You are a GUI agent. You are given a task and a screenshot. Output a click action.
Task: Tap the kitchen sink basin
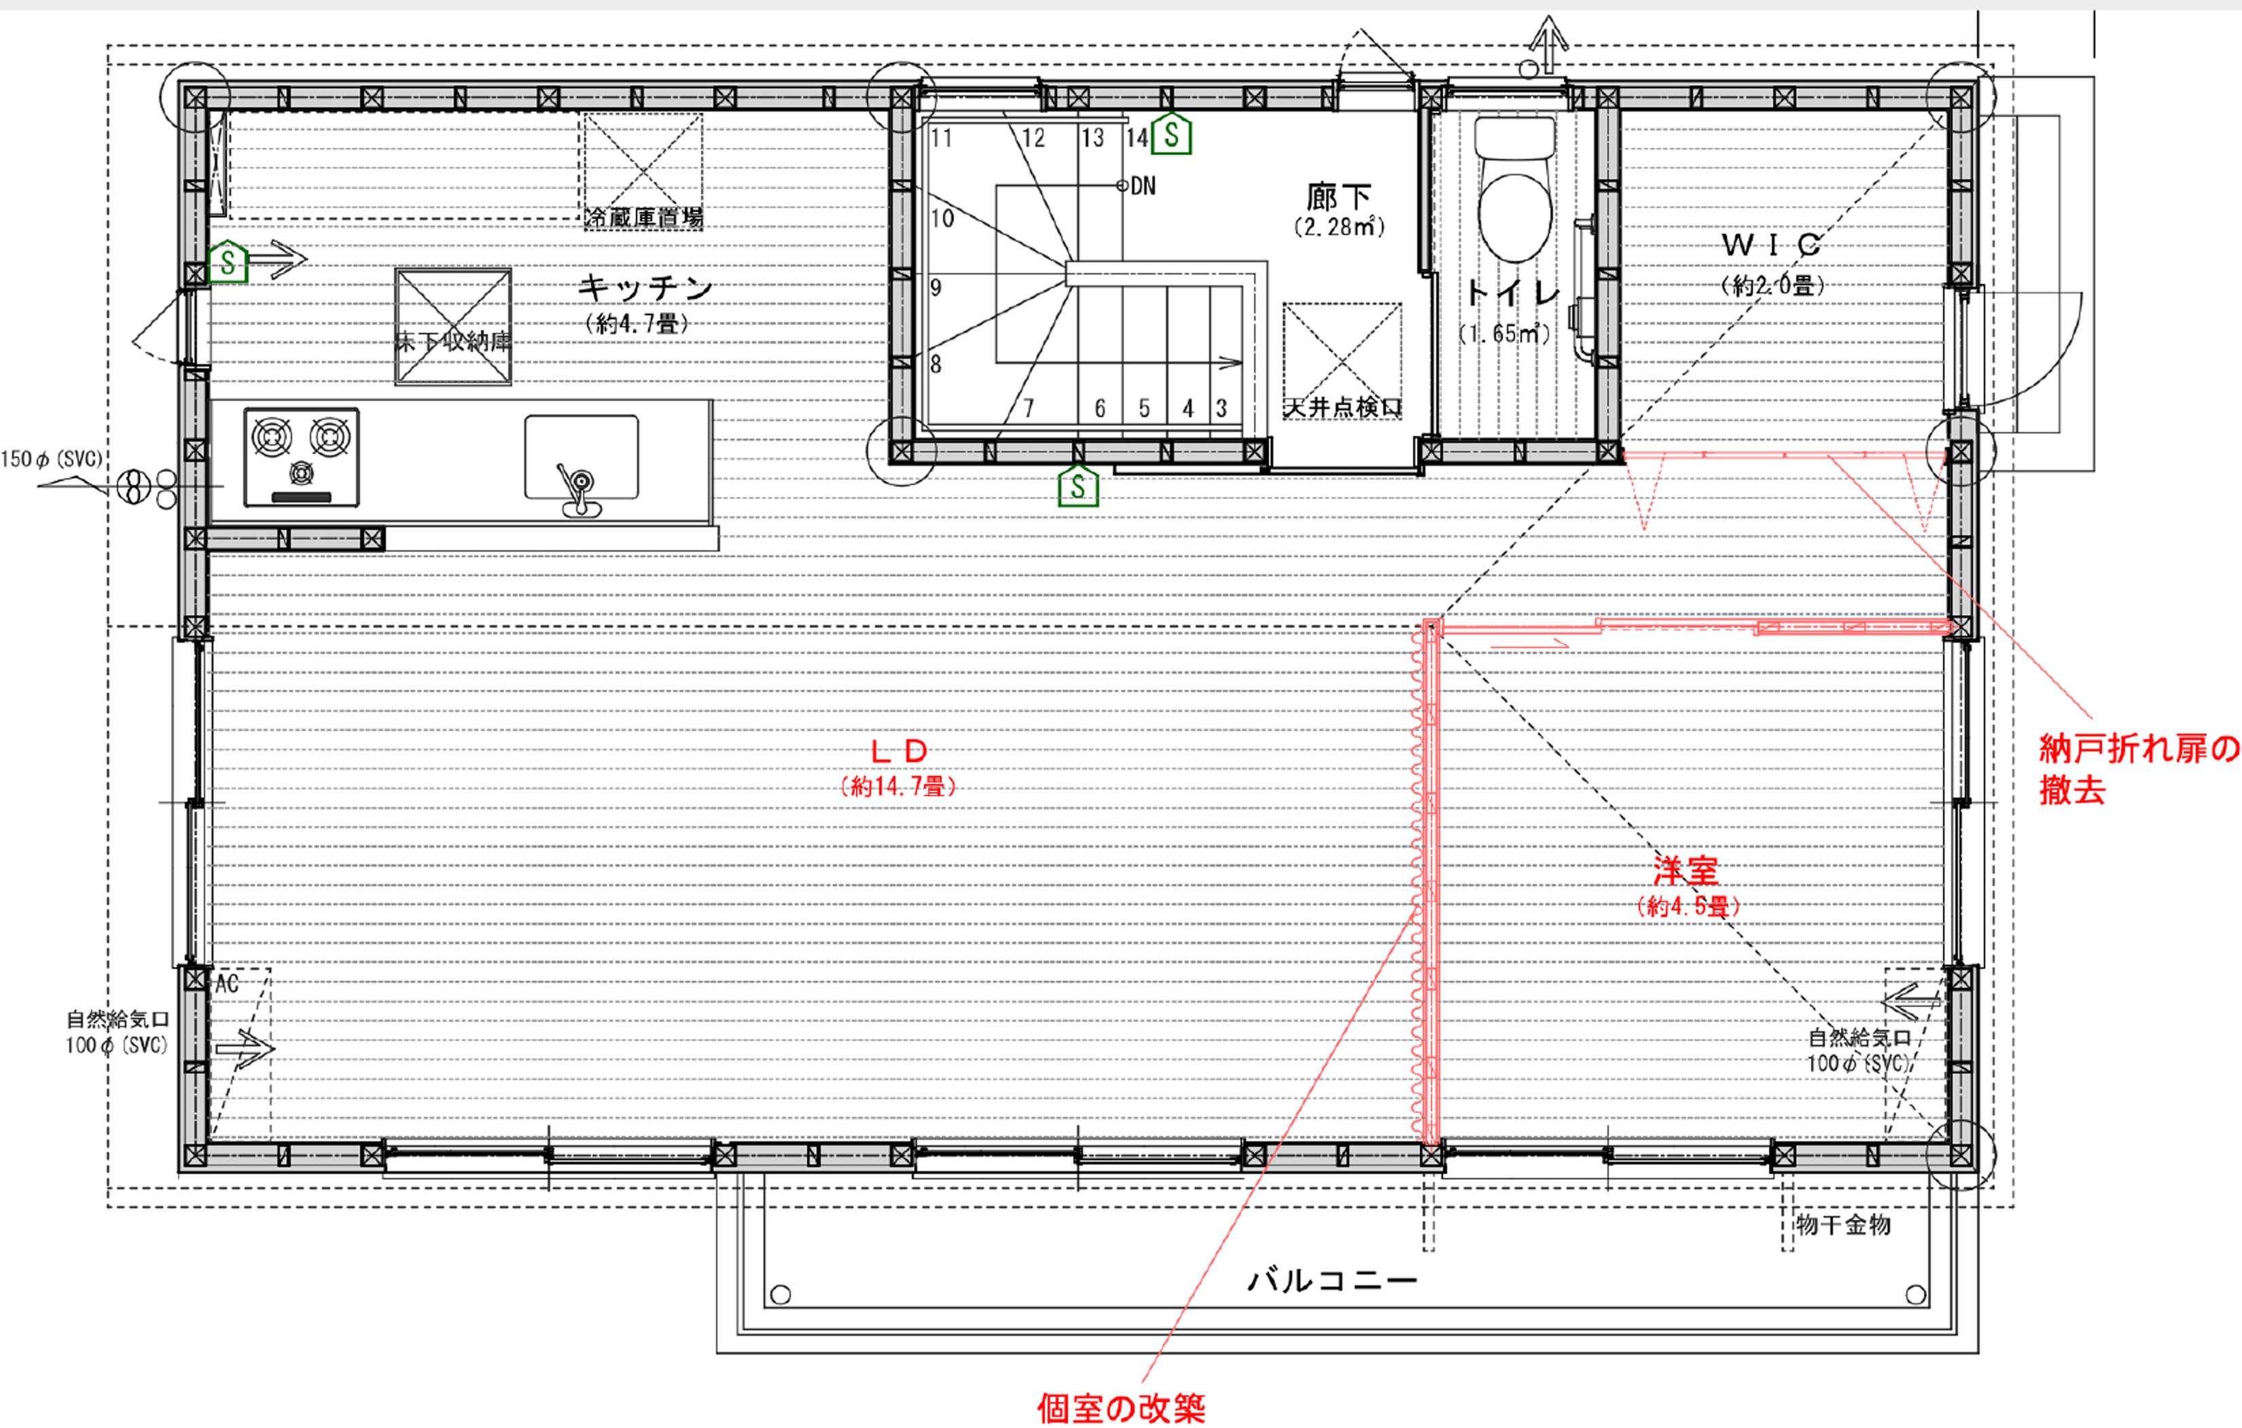pos(581,458)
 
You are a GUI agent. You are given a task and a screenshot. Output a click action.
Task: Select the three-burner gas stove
pos(302,457)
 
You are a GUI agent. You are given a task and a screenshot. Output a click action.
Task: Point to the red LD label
pos(898,751)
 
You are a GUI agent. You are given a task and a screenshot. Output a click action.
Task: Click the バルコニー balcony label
pos(1332,1281)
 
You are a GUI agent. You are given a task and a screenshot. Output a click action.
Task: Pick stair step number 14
pos(1137,139)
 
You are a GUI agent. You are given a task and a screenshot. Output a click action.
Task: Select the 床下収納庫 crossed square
pos(453,326)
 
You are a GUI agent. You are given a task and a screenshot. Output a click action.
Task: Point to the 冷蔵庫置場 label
pos(643,219)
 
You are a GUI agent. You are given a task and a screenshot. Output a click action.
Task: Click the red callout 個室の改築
pos(1121,1408)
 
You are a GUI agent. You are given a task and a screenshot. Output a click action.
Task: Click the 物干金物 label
pos(1843,1225)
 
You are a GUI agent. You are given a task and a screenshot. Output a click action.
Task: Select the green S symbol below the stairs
pos(1078,486)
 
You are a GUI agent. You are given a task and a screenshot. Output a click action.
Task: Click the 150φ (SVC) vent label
pos(51,459)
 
